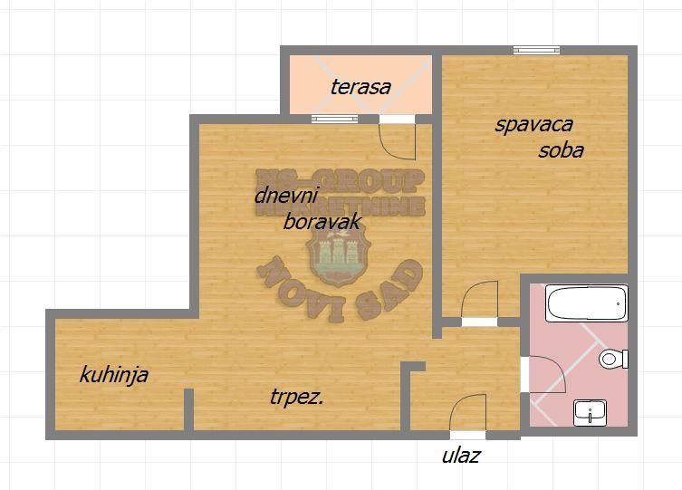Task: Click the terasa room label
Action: pyautogui.click(x=360, y=87)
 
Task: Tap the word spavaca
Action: pyautogui.click(x=533, y=126)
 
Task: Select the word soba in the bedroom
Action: pyautogui.click(x=561, y=150)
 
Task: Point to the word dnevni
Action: pyautogui.click(x=286, y=196)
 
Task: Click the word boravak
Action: pyautogui.click(x=322, y=222)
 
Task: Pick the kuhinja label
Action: pyautogui.click(x=114, y=375)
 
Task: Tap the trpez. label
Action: pyautogui.click(x=297, y=397)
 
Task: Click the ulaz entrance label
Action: pyautogui.click(x=461, y=456)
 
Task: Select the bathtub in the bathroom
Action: pyautogui.click(x=586, y=303)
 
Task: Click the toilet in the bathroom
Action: pyautogui.click(x=613, y=359)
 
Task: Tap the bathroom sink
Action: pyautogui.click(x=590, y=413)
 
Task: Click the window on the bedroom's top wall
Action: pyautogui.click(x=536, y=50)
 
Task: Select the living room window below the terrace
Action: pyautogui.click(x=334, y=119)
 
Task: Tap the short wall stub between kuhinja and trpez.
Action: pyautogui.click(x=188, y=409)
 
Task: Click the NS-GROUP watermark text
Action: pyautogui.click(x=341, y=180)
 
